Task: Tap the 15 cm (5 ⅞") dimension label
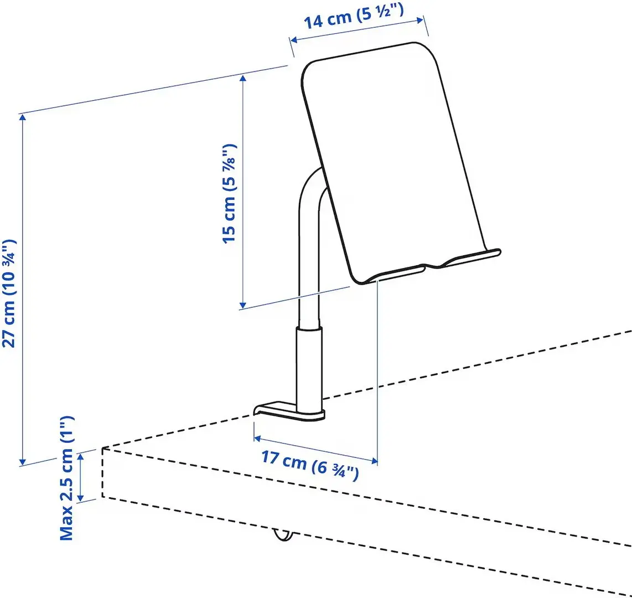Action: [229, 193]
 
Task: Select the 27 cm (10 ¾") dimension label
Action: [11, 293]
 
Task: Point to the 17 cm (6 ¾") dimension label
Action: [310, 466]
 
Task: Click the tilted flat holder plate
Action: [393, 161]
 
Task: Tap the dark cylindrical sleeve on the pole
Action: [308, 365]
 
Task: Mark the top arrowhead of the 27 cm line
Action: [22, 117]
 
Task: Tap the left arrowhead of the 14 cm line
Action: [294, 40]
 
